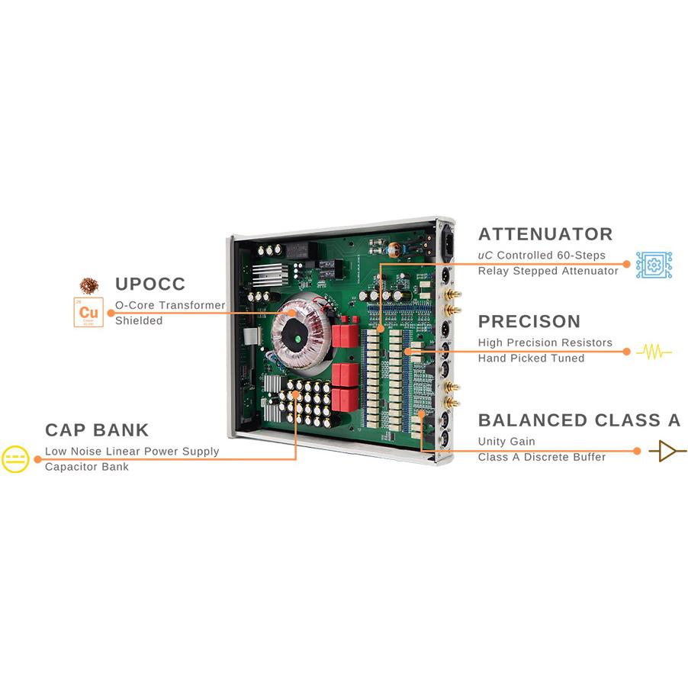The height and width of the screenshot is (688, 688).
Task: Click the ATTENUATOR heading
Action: pos(545,234)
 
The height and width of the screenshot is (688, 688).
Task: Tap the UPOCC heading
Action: pos(150,285)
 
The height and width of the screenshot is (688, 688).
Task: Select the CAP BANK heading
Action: pos(97,430)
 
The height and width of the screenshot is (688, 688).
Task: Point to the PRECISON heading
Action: pos(529,321)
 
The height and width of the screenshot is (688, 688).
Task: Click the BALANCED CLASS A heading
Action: pos(579,420)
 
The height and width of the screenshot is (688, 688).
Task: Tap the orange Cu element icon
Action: pos(88,313)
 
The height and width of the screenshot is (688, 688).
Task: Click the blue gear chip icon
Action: pos(654,265)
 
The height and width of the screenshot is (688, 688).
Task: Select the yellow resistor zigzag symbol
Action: pos(654,352)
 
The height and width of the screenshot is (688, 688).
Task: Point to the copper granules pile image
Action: pos(89,285)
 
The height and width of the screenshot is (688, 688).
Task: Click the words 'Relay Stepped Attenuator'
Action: pos(548,271)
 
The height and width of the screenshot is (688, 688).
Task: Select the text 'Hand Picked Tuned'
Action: pos(531,358)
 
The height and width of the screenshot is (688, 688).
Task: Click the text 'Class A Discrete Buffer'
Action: pos(542,457)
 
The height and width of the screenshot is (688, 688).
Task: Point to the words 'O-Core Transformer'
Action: pos(170,305)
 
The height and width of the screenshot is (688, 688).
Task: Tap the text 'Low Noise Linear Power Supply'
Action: pos(132,452)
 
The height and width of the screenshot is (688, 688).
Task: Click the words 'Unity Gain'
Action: pos(506,442)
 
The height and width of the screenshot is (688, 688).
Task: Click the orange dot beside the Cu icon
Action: pos(111,313)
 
